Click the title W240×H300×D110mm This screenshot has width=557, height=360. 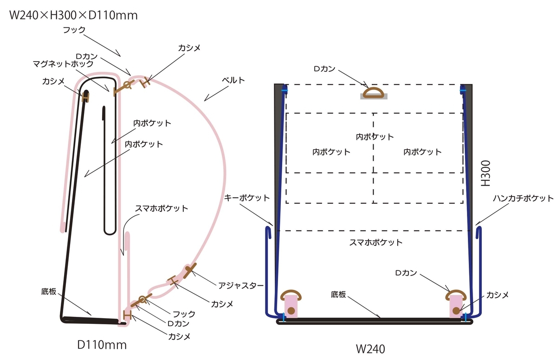[x=73, y=15]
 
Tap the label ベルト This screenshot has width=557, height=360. [x=233, y=80]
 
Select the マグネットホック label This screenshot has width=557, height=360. [x=63, y=64]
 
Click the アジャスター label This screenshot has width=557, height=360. [x=241, y=286]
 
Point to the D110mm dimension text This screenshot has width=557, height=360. [x=102, y=345]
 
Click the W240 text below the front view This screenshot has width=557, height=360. [x=370, y=349]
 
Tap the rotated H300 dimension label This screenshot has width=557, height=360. [x=486, y=173]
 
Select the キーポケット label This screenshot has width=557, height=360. [x=246, y=198]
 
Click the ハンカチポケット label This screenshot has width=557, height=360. [x=523, y=198]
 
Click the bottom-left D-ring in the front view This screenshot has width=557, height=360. [x=291, y=295]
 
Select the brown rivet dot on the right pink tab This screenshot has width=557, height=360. [x=456, y=310]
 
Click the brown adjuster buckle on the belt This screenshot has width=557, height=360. [x=190, y=270]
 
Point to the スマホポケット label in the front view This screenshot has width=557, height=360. [x=376, y=243]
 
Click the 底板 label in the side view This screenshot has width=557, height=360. [x=49, y=291]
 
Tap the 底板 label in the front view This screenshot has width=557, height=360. [x=338, y=295]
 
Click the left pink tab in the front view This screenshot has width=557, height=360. [x=291, y=306]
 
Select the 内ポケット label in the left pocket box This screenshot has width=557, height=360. [x=331, y=152]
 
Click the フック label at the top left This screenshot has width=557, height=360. [x=74, y=30]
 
